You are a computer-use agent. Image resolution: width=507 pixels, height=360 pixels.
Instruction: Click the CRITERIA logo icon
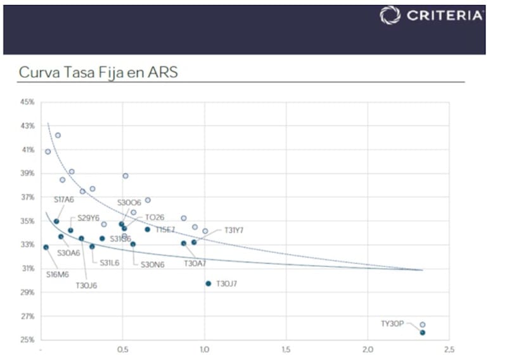390,15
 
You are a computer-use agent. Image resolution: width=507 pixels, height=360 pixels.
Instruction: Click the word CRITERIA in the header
444,15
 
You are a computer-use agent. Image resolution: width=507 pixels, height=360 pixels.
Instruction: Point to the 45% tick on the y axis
27,102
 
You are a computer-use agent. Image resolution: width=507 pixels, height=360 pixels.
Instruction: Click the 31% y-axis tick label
27,269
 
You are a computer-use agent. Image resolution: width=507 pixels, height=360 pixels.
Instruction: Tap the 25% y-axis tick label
27,340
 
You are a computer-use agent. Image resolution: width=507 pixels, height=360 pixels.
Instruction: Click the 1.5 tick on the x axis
286,350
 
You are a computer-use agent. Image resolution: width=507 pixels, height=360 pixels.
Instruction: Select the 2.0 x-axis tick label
368,350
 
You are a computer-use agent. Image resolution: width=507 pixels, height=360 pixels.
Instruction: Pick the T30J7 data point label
227,284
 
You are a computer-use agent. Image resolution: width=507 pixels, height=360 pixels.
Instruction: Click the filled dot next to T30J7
208,283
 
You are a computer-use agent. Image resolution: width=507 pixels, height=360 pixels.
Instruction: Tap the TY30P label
392,323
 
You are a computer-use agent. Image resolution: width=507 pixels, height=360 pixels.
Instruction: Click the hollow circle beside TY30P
423,325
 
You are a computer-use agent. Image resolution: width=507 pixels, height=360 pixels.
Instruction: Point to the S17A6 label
63,200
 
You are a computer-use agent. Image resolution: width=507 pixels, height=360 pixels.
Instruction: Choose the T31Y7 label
234,230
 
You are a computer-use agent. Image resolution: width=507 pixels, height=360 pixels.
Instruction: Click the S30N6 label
153,264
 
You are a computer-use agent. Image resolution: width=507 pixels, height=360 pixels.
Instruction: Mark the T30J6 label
87,285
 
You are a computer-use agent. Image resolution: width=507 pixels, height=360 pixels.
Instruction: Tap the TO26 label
155,217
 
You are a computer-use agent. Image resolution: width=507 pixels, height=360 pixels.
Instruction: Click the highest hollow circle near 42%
58,135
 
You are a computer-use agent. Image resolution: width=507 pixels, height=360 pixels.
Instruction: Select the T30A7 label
195,262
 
